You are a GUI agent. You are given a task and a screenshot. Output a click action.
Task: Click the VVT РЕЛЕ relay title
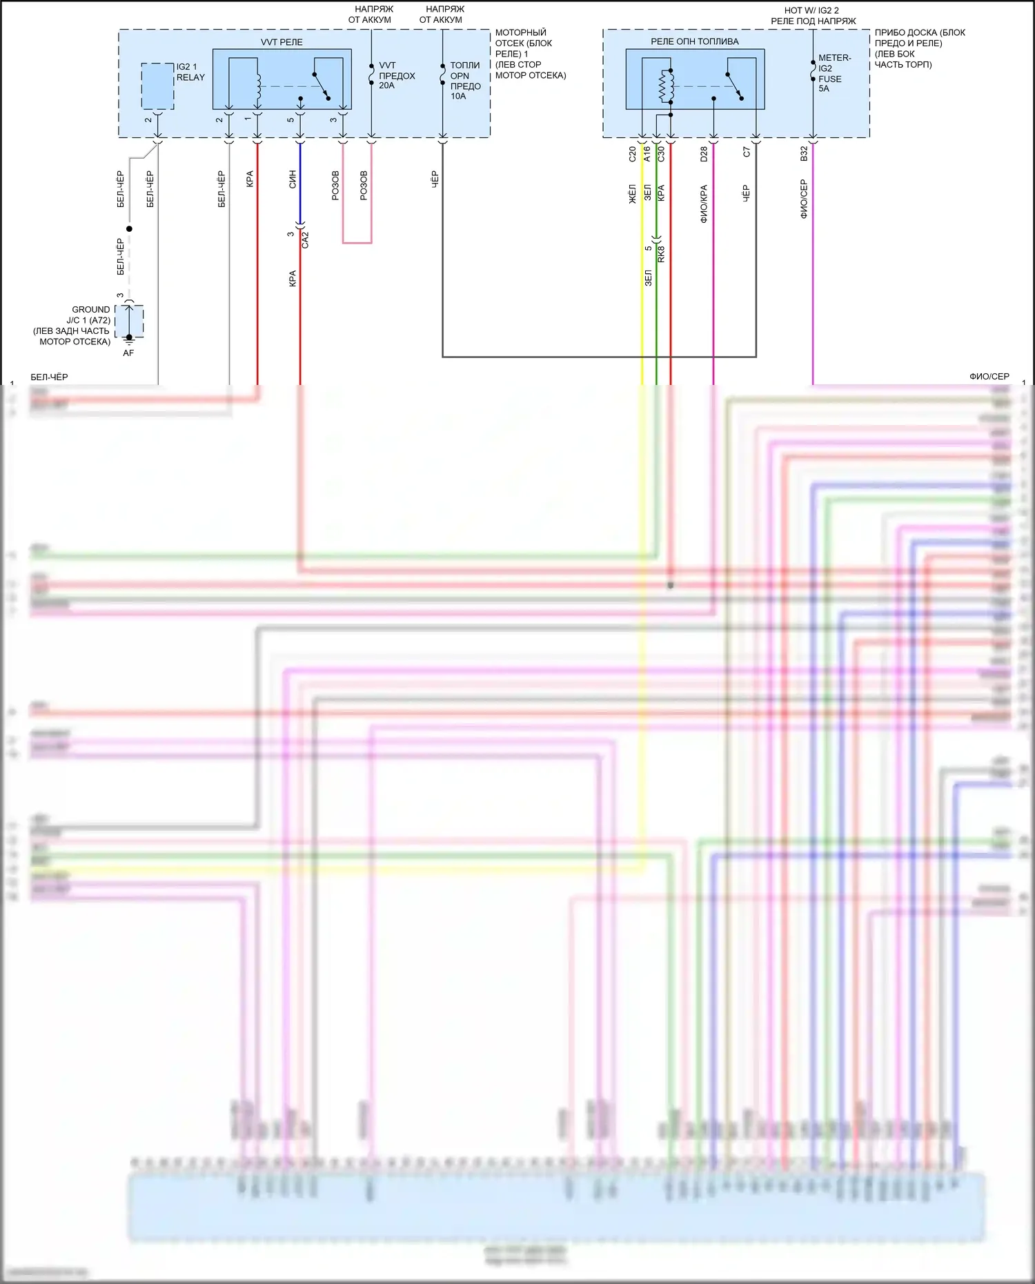coord(282,42)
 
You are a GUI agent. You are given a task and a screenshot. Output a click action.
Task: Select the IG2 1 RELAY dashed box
coord(157,86)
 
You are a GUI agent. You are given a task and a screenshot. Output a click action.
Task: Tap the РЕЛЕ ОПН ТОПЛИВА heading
coord(694,41)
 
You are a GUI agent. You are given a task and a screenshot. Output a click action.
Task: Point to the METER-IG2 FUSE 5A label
coord(834,73)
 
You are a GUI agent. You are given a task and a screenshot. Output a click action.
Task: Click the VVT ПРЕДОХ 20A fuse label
coord(397,75)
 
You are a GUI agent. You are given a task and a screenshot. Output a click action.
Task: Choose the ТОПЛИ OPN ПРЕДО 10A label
coord(465,81)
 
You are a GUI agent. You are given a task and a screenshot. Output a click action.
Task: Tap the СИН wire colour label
coord(293,179)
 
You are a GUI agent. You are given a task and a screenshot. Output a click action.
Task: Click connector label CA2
coord(306,239)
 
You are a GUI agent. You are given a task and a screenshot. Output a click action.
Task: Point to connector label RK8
coord(661,254)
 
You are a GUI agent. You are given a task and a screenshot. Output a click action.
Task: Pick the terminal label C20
coord(632,155)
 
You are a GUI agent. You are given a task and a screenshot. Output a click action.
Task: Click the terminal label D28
coord(704,155)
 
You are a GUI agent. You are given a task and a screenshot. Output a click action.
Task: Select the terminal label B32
coord(804,155)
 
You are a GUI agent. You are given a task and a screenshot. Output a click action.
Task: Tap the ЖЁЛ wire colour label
coord(632,194)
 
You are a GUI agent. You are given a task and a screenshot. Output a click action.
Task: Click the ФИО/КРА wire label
coord(704,204)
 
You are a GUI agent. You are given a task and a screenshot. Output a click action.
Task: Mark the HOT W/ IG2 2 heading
coord(811,10)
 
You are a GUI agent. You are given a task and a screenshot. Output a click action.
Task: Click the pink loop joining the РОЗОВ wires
coord(357,243)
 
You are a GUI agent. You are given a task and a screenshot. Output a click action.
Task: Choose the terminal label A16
coord(647,155)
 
